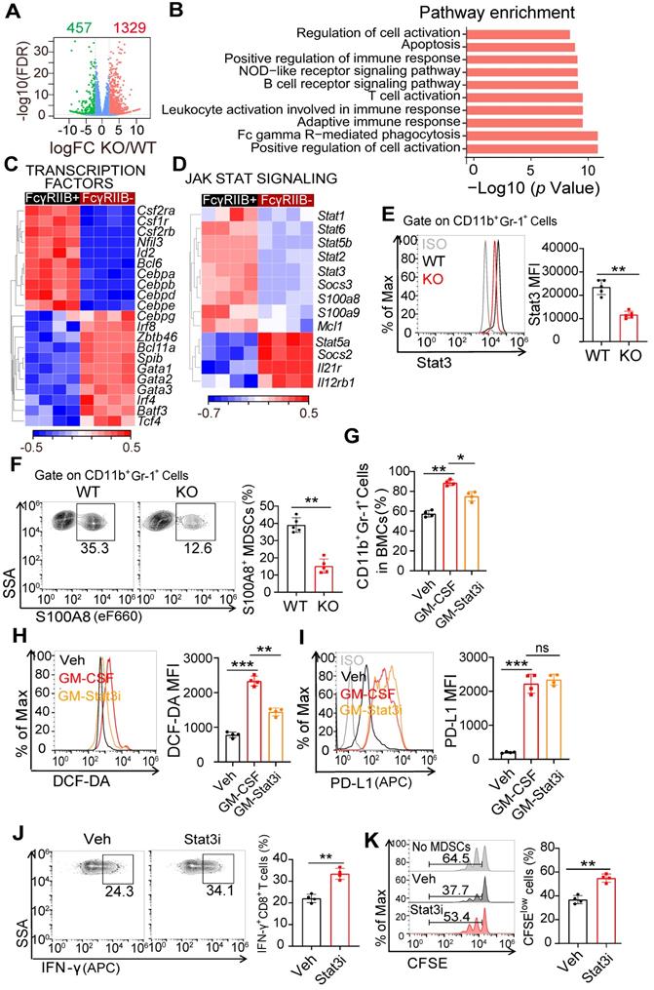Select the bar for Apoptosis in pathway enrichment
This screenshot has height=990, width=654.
click(520, 47)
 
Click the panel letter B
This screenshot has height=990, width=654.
click(178, 12)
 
